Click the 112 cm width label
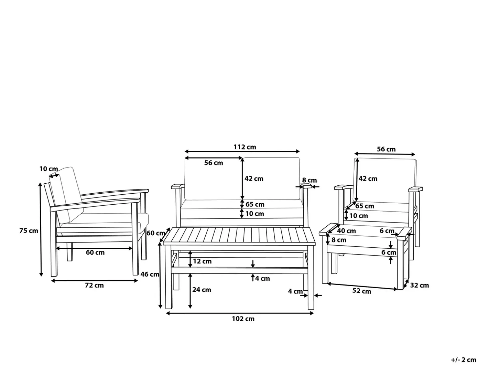(x=244, y=147)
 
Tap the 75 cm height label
(x=29, y=230)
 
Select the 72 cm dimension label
(x=94, y=285)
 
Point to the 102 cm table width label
(x=243, y=319)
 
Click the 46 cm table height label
(x=150, y=274)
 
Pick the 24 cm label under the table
(x=202, y=290)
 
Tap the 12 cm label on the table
(x=202, y=261)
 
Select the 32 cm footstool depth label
(x=419, y=285)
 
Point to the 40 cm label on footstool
(x=346, y=231)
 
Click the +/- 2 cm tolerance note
(x=464, y=360)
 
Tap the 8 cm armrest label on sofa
(x=309, y=180)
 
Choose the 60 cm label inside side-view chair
(x=95, y=252)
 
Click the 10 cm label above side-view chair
(x=49, y=169)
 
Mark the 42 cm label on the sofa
(x=254, y=179)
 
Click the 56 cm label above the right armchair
(x=386, y=149)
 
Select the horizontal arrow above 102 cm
(x=240, y=313)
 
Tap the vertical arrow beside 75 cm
(x=41, y=229)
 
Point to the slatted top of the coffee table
(x=239, y=236)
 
